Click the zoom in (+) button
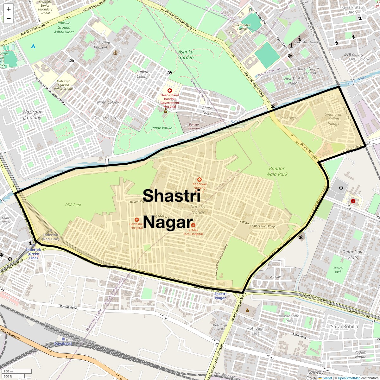click(9, 9)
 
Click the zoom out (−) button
click(9, 19)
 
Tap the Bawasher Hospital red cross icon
click(137, 220)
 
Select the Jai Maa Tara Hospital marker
click(193, 225)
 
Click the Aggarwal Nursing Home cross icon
click(199, 180)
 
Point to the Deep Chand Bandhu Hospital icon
click(170, 91)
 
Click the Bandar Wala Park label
click(277, 171)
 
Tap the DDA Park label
click(73, 205)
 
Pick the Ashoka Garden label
click(186, 54)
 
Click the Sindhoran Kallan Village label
click(333, 119)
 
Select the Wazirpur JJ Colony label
click(32, 115)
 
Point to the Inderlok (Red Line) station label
click(51, 237)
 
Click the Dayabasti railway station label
click(63, 344)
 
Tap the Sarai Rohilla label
click(345, 326)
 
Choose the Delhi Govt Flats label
click(353, 255)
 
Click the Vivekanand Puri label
click(289, 318)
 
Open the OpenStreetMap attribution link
click(349, 378)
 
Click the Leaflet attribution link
click(327, 378)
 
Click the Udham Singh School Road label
click(257, 224)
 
